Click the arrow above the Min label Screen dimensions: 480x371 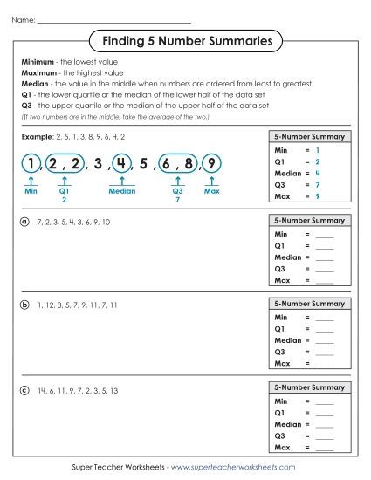[x=31, y=180]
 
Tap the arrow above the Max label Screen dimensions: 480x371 [x=212, y=180]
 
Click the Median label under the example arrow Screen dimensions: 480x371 [x=122, y=189]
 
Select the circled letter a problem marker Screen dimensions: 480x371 [x=24, y=223]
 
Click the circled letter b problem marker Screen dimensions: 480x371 [x=24, y=305]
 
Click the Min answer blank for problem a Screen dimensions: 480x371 [x=324, y=237]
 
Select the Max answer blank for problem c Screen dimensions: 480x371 [x=324, y=448]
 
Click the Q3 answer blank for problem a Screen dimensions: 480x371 [x=324, y=271]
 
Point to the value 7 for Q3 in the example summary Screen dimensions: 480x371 [x=318, y=186]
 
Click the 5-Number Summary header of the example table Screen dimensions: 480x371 [x=309, y=137]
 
